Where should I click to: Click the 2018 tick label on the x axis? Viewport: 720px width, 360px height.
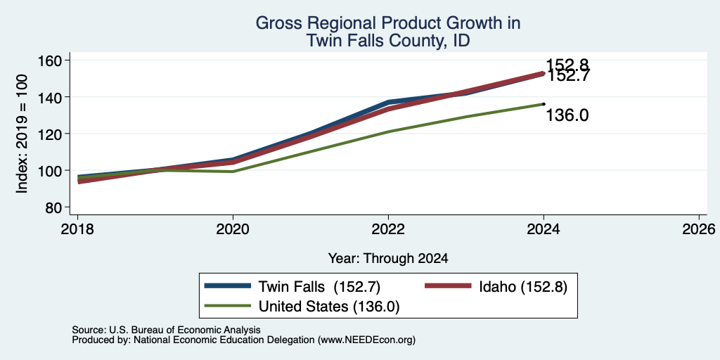(77, 229)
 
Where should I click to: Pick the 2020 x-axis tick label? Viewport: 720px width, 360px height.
(233, 229)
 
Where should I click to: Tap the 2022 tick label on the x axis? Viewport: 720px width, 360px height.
(388, 229)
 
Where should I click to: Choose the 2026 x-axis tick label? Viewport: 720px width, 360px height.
(700, 229)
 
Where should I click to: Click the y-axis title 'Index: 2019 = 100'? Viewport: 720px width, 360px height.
(22, 134)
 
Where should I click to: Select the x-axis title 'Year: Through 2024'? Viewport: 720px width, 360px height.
(388, 259)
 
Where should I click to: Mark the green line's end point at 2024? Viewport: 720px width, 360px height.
(544, 104)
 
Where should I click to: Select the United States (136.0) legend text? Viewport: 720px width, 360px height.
(329, 307)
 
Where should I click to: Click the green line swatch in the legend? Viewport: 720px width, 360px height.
(229, 307)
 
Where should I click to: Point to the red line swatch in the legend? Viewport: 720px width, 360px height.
(448, 287)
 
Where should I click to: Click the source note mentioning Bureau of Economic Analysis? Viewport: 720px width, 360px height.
(166, 330)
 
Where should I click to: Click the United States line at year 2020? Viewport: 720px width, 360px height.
(233, 172)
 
